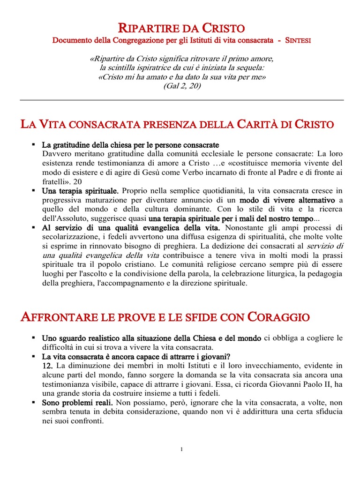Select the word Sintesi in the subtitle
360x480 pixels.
[x=298, y=41]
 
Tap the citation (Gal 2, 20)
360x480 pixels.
[x=182, y=86]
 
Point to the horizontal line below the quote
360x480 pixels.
[x=182, y=100]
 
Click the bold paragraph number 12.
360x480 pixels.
[x=48, y=366]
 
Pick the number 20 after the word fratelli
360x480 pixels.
[x=77, y=181]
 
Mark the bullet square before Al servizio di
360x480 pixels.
[x=34, y=227]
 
